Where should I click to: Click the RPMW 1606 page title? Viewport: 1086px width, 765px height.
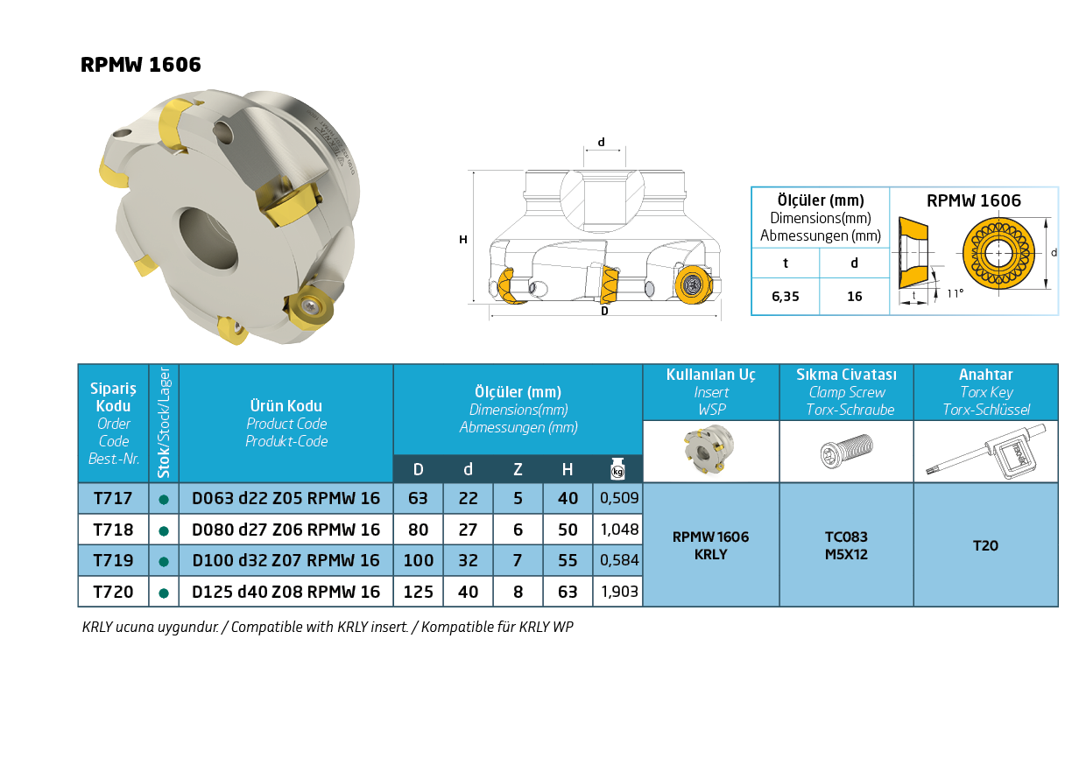(141, 65)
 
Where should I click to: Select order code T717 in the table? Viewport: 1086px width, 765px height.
(113, 498)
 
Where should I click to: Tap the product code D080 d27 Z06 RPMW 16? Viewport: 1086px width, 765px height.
(286, 530)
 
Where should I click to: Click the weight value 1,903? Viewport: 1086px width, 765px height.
(619, 592)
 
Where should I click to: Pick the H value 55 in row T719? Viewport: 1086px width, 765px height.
(568, 560)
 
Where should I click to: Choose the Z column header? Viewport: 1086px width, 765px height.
(518, 469)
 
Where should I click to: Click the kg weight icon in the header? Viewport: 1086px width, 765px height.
(617, 468)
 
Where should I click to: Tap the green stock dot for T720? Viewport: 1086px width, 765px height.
(164, 593)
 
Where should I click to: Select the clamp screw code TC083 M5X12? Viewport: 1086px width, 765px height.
(847, 545)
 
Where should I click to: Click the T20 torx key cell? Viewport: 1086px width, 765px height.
(985, 546)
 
